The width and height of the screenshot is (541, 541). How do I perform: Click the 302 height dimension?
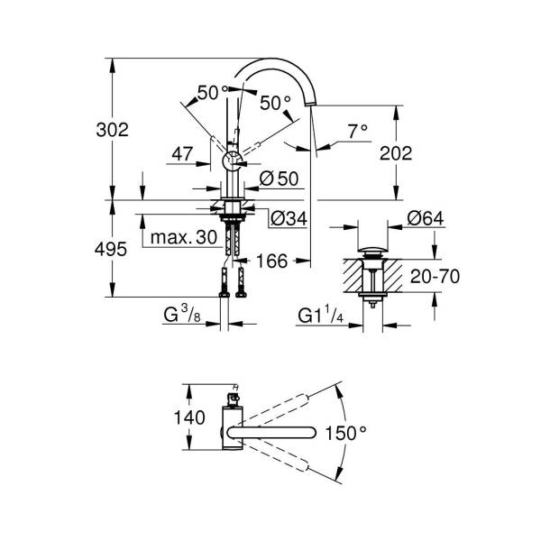tap(112, 130)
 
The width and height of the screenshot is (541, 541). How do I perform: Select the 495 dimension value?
tap(111, 249)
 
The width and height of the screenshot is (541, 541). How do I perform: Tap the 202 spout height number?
tap(396, 153)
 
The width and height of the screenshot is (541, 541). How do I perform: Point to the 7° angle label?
tap(357, 132)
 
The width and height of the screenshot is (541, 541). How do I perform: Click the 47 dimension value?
tap(182, 154)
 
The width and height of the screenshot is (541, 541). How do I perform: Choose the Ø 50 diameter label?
tap(279, 179)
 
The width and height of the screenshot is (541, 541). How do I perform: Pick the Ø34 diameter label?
tap(289, 218)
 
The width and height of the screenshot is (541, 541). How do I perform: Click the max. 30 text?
tap(184, 237)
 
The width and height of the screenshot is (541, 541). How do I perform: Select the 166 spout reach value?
tap(272, 261)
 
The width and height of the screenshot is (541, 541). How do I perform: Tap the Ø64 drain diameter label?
tap(426, 218)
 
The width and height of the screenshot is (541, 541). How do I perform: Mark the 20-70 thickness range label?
tap(435, 277)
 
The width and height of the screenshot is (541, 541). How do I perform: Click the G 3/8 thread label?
tap(182, 315)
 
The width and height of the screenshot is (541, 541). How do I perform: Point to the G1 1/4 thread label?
tap(320, 316)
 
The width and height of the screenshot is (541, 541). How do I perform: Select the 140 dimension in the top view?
tap(189, 417)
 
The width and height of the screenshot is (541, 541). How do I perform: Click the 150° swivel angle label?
tap(345, 433)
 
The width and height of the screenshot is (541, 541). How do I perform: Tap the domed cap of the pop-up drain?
tap(372, 249)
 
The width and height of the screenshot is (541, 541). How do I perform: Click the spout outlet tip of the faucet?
tap(310, 104)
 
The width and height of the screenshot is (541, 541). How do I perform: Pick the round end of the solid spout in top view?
tap(312, 433)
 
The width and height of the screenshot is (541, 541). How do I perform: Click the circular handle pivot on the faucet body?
tap(233, 161)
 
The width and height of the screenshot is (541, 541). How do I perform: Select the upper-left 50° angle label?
tap(213, 93)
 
